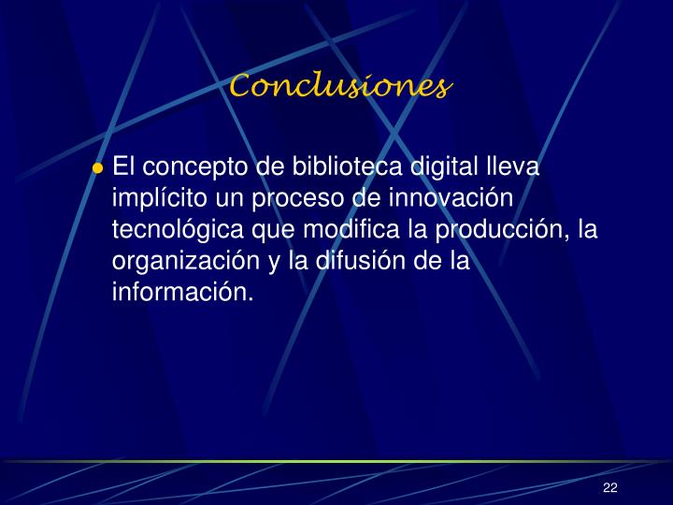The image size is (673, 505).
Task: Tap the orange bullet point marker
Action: click(x=97, y=169)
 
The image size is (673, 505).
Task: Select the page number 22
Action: click(x=610, y=488)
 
